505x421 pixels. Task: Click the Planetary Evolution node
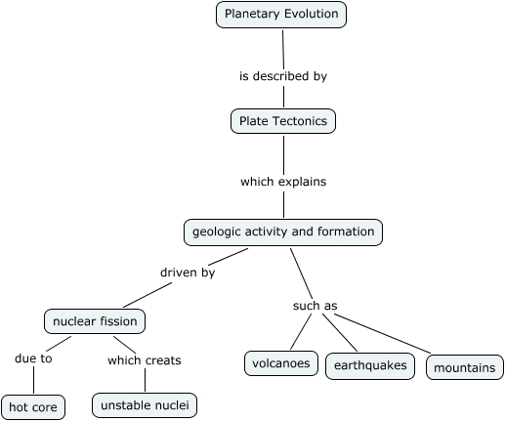(x=281, y=15)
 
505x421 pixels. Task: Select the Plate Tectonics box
(x=283, y=121)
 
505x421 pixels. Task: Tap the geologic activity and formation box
(x=282, y=232)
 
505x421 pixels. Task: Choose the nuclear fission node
(x=95, y=320)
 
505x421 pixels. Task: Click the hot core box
(x=33, y=406)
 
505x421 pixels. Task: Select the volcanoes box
(x=281, y=364)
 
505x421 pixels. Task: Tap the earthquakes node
(x=369, y=366)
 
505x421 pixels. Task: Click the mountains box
(x=466, y=368)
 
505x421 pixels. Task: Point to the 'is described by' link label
(x=283, y=75)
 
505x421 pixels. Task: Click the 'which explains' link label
(x=283, y=181)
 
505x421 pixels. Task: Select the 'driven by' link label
(x=188, y=273)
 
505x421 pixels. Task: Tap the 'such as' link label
(x=315, y=306)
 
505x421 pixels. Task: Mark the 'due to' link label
(x=33, y=358)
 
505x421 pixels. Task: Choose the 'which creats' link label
(x=144, y=359)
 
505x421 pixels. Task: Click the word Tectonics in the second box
(x=301, y=121)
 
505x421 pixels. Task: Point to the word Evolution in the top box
(x=308, y=15)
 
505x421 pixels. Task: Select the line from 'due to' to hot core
(x=33, y=380)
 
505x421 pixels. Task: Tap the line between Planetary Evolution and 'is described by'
(x=282, y=47)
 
